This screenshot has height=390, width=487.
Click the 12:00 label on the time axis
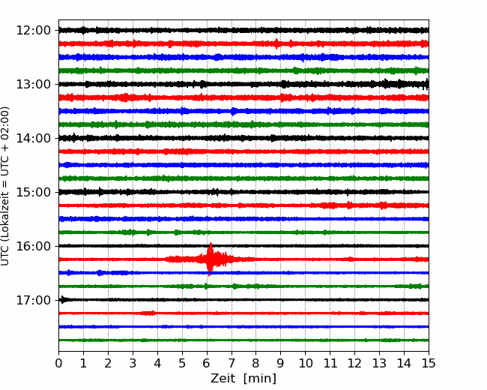click(33, 31)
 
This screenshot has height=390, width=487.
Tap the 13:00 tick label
click(33, 84)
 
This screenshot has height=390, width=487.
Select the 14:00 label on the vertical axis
click(33, 138)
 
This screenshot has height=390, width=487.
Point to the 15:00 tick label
click(33, 192)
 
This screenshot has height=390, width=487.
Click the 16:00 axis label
click(33, 246)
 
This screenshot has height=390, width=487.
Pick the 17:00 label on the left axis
click(33, 300)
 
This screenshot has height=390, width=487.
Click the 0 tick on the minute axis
click(58, 363)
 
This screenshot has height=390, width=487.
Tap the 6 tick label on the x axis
click(207, 363)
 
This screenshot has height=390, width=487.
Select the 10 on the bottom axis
click(305, 363)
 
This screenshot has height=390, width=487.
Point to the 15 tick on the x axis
click(429, 363)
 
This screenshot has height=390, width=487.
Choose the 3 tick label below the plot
click(133, 363)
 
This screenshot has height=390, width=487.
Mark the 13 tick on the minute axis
click(379, 363)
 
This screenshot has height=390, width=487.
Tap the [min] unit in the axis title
click(260, 379)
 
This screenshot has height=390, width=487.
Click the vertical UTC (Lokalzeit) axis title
click(5, 186)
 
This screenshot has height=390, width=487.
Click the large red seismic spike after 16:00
click(211, 259)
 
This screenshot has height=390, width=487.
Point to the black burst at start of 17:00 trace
click(64, 299)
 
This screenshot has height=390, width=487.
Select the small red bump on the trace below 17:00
click(148, 313)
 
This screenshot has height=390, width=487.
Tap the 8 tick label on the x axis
click(256, 363)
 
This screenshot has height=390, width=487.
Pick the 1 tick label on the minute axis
click(83, 363)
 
